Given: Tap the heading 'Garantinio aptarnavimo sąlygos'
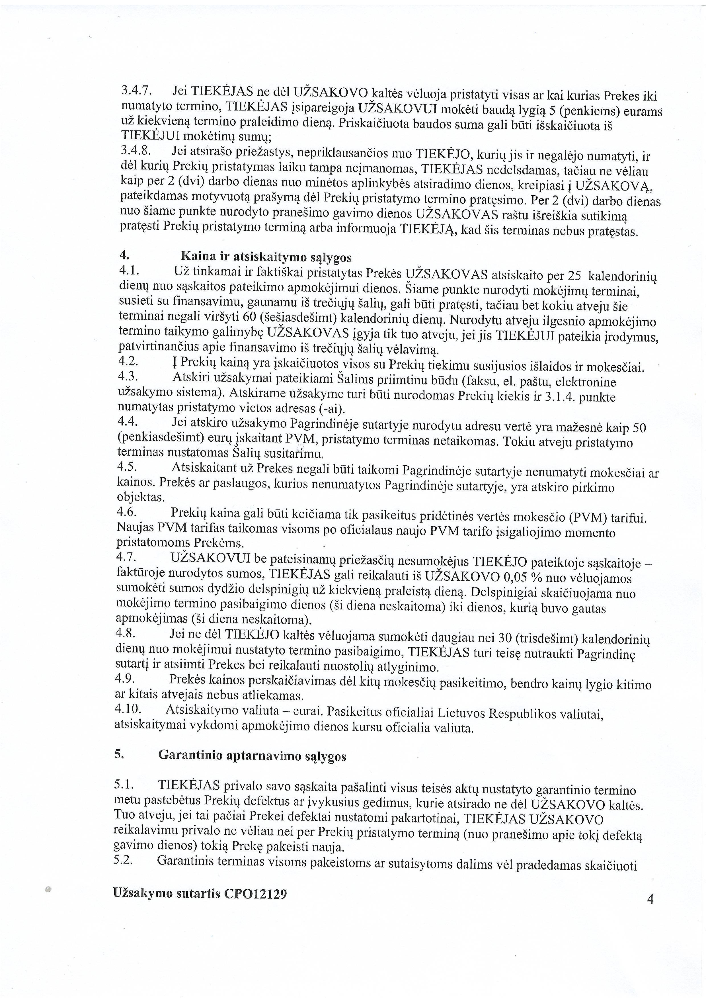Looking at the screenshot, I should coord(252,755).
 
